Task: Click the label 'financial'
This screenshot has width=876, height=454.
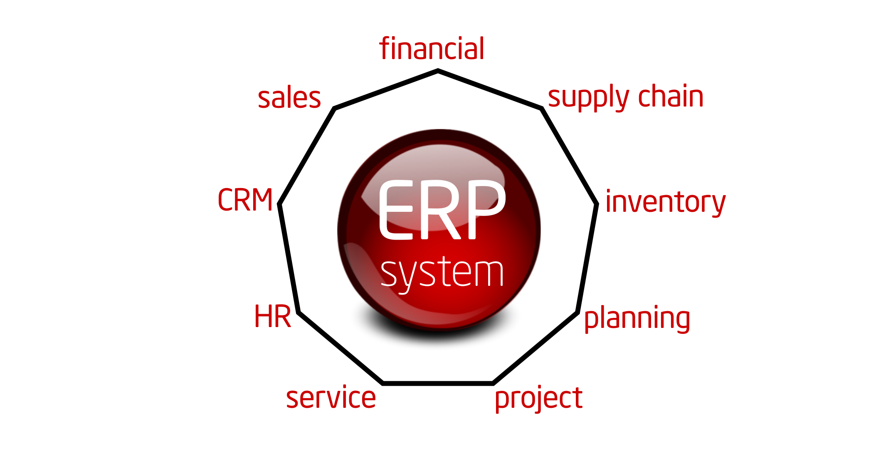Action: [x=432, y=49]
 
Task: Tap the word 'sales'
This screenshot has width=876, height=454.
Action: [x=289, y=99]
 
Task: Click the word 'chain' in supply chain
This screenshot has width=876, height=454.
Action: [x=671, y=96]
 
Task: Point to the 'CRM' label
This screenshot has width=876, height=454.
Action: [x=245, y=200]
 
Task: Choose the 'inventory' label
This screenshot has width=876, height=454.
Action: [x=665, y=202]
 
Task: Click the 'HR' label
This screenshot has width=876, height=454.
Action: [x=272, y=317]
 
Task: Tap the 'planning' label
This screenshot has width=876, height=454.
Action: [x=637, y=319]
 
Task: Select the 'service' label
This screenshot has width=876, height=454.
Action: [x=331, y=398]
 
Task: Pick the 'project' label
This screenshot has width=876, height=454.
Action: [x=538, y=399]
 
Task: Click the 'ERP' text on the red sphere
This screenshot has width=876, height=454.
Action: [x=442, y=210]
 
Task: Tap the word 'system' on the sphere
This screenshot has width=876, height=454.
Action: [x=442, y=273]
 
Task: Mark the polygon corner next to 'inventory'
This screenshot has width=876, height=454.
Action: [x=597, y=204]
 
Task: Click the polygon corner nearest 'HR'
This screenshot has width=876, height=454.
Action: [x=299, y=312]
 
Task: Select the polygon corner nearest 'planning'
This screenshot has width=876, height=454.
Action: [x=578, y=312]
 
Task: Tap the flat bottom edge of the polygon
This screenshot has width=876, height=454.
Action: [x=437, y=383]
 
